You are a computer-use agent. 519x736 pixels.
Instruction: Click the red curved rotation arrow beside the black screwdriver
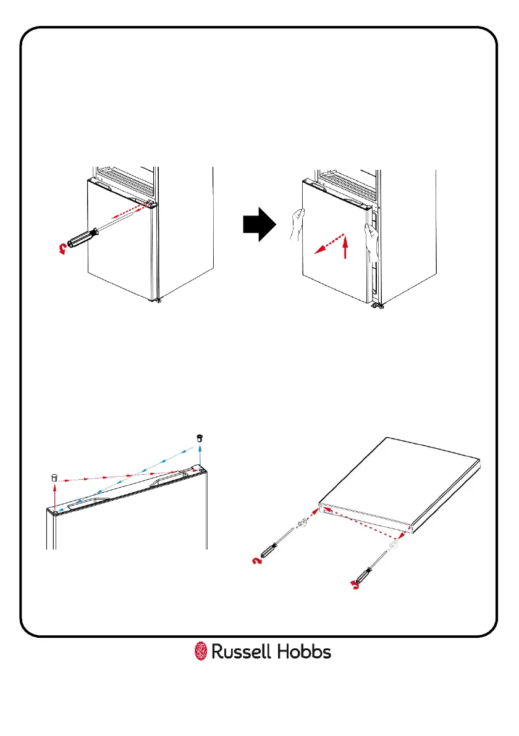61,248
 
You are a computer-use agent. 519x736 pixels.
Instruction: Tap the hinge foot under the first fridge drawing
159,301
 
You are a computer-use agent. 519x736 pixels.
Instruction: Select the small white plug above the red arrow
54,477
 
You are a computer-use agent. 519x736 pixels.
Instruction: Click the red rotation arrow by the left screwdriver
257,561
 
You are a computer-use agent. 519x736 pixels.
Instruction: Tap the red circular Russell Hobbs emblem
201,651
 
